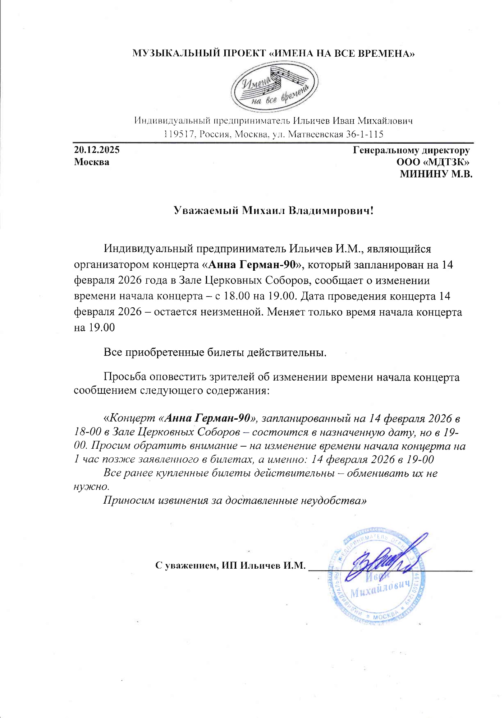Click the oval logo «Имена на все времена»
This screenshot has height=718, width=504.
click(275, 88)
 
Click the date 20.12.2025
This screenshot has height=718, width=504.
click(97, 150)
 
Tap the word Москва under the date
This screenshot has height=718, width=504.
click(92, 162)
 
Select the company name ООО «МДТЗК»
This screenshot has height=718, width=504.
click(433, 162)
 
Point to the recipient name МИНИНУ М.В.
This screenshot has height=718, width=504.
click(436, 174)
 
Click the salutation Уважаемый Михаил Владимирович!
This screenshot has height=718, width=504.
click(274, 210)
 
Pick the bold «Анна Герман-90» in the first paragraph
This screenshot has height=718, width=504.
click(253, 265)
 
